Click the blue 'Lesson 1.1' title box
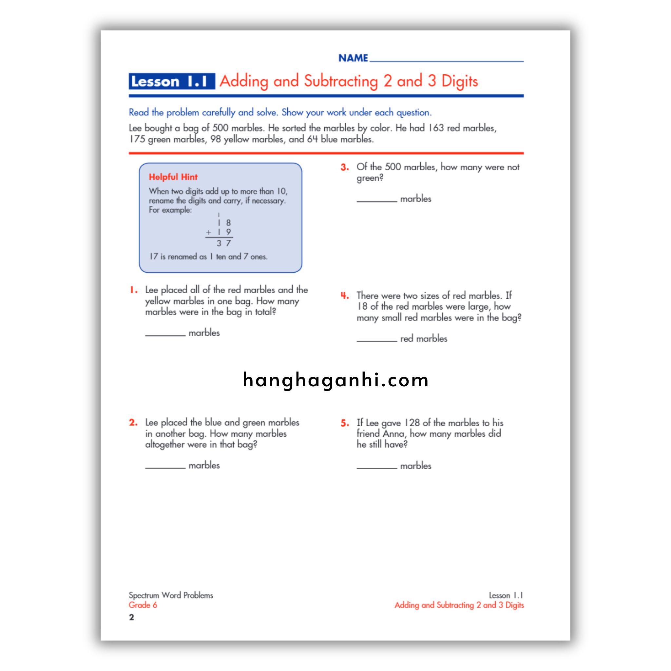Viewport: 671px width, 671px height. [x=172, y=81]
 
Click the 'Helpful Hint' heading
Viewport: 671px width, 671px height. [x=173, y=177]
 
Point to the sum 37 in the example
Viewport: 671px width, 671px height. [x=224, y=243]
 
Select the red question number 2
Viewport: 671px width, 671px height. [x=133, y=423]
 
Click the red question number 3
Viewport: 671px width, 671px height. [x=345, y=167]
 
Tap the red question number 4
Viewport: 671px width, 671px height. [x=345, y=296]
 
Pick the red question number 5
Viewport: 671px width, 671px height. [x=345, y=423]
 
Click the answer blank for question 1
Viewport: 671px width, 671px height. [x=165, y=334]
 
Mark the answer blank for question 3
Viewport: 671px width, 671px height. [x=376, y=200]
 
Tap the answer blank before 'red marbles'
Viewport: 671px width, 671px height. [x=376, y=340]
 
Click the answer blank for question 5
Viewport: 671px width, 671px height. [x=376, y=467]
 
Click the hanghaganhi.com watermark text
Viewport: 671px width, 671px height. [x=335, y=380]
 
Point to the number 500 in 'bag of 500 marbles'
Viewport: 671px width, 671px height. [x=220, y=128]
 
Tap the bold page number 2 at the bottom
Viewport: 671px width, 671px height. [x=131, y=617]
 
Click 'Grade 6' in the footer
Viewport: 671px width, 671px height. [x=143, y=605]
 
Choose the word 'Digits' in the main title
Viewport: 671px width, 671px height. [x=459, y=81]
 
